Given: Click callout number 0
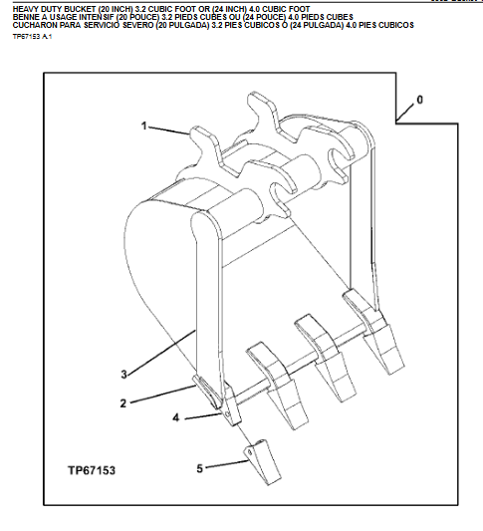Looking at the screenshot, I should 419,100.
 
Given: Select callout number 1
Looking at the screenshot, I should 144,127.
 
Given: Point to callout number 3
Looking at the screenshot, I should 123,375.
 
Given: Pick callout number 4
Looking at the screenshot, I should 176,418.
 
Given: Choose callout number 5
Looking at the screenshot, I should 197,466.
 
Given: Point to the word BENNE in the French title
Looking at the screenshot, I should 26,16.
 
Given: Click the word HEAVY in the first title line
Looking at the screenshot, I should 25,8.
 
